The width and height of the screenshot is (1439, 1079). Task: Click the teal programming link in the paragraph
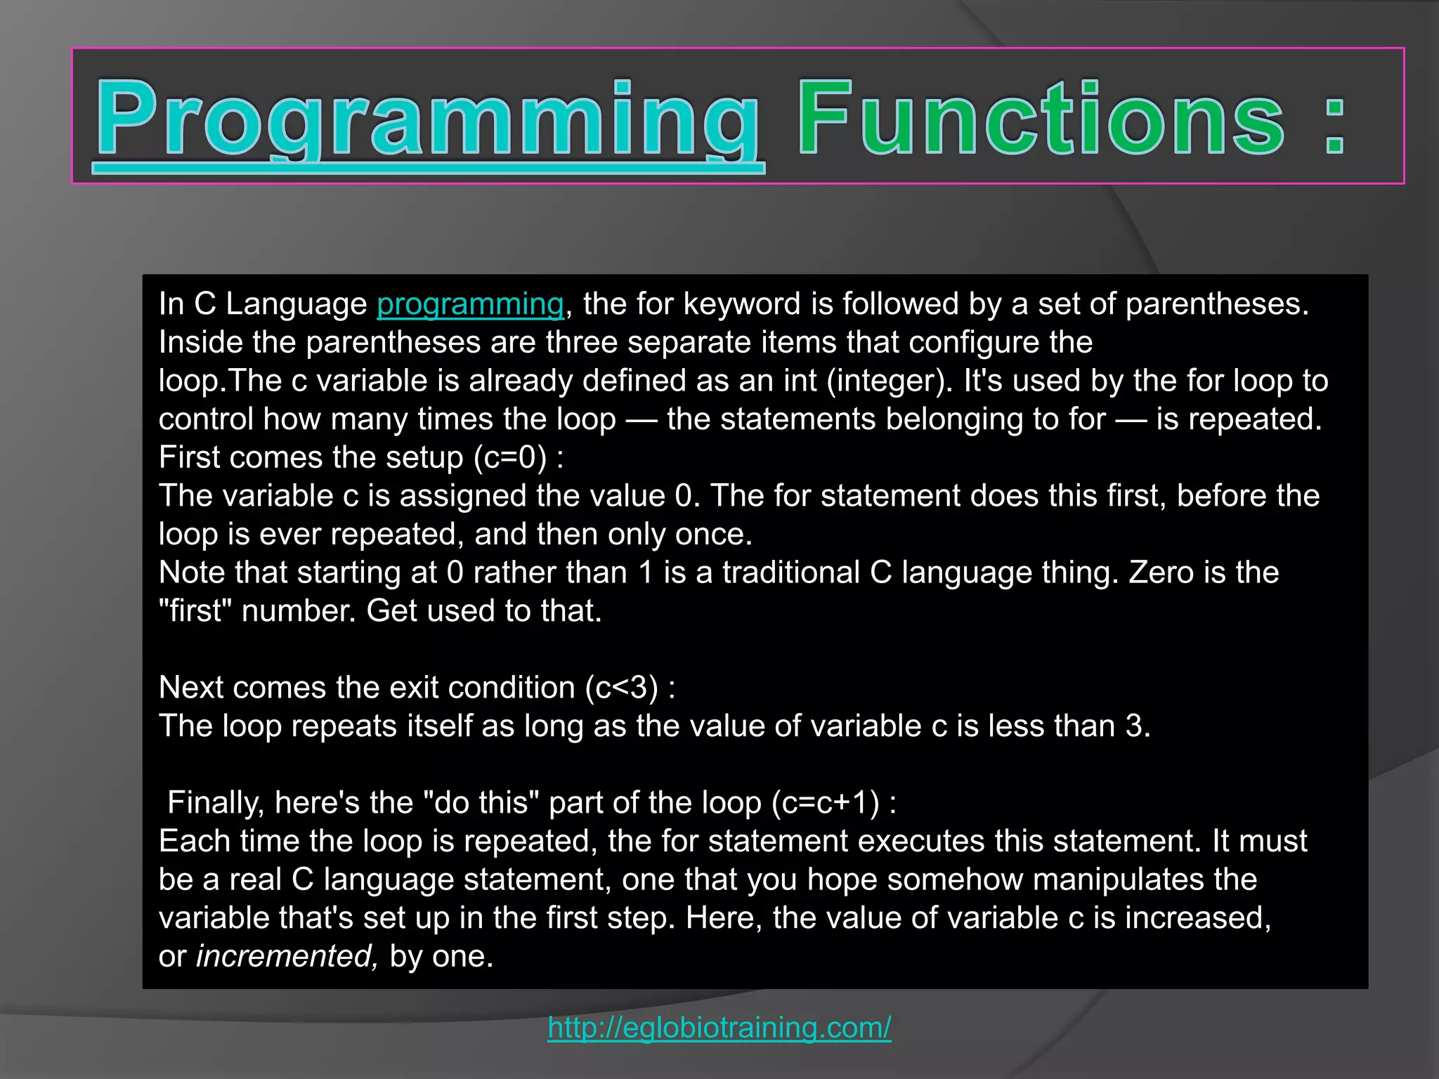pos(470,304)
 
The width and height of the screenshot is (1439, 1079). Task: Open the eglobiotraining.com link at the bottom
pos(719,1027)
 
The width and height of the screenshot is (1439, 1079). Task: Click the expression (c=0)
pos(510,457)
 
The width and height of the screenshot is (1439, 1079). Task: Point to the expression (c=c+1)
pos(825,803)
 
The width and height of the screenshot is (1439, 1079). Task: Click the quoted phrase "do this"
pos(481,803)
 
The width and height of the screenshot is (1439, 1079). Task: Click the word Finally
pos(216,803)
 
